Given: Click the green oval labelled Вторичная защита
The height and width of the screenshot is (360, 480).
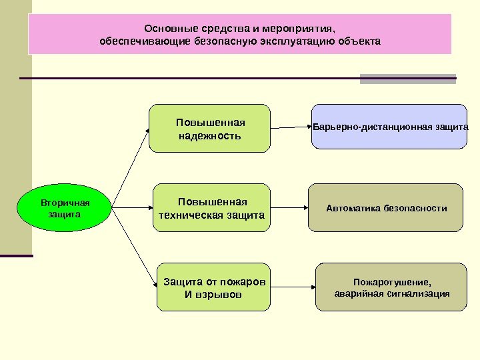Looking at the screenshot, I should coord(64,207).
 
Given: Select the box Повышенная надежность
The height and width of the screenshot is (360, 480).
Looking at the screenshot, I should coord(210,129).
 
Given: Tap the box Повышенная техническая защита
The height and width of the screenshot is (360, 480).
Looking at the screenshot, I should coord(212,208).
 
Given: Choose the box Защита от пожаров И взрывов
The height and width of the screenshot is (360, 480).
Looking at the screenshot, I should coord(214,287).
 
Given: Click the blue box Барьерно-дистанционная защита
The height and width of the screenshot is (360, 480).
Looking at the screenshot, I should coord(391,125).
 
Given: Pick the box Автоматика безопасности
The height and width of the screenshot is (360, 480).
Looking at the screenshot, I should coord(387,208).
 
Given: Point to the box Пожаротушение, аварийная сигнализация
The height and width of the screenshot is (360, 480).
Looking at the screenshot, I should coord(391,287).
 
